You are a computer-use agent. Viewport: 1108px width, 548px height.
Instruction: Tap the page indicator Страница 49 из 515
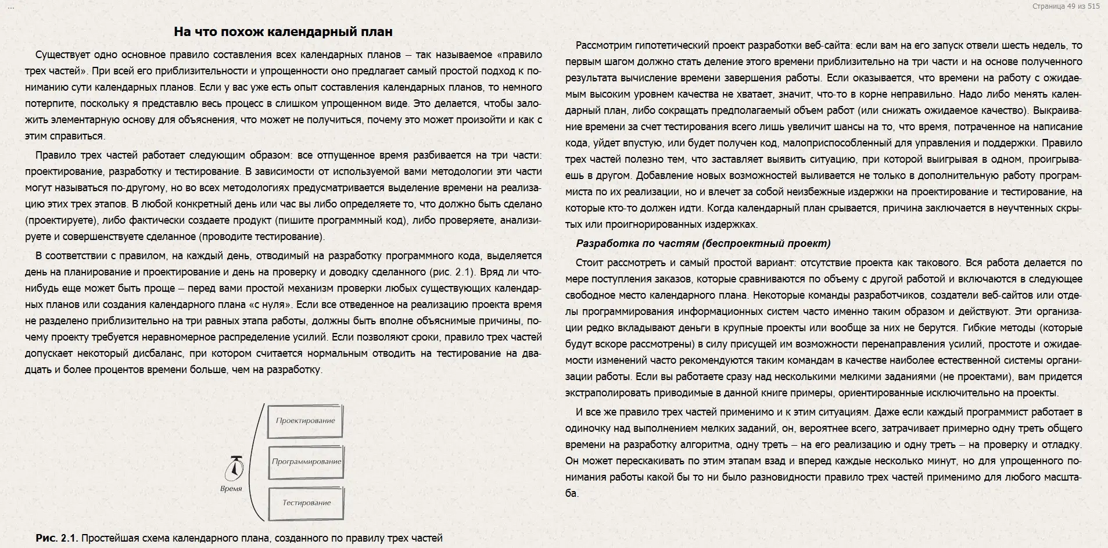point(1066,6)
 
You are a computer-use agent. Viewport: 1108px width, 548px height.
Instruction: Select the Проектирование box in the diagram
point(306,421)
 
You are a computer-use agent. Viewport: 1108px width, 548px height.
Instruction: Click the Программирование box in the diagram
point(306,461)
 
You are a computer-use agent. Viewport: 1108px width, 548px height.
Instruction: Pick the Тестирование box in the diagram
point(306,503)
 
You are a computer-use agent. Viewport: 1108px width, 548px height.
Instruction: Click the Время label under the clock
point(231,489)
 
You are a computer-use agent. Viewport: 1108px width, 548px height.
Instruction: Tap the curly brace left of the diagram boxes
point(256,462)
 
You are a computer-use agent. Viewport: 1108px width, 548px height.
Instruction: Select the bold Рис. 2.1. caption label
point(56,538)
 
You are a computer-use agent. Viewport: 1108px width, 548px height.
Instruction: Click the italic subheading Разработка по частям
point(703,243)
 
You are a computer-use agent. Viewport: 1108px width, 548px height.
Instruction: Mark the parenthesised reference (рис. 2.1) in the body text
point(452,272)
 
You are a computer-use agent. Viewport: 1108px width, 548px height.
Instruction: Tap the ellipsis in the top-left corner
point(10,6)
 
